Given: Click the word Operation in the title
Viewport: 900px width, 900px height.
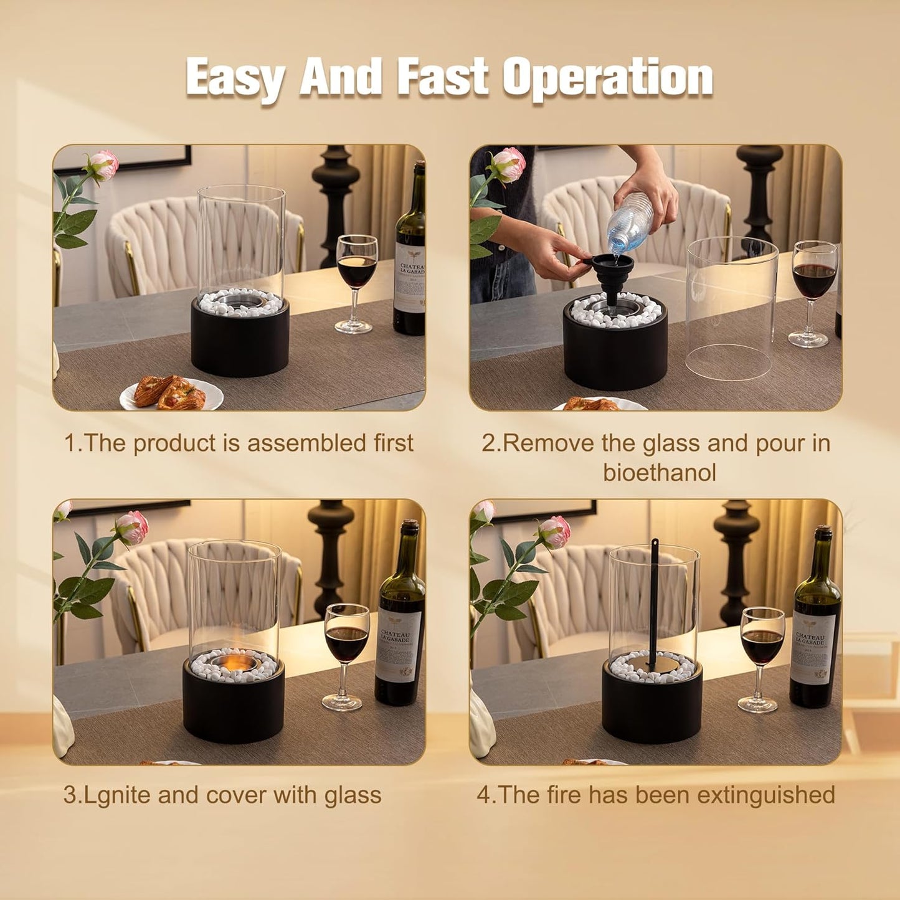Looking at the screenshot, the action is (x=608, y=78).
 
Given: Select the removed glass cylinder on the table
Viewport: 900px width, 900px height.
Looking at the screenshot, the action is (x=731, y=308).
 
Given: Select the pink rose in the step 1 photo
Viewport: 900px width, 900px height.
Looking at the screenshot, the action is (x=104, y=165).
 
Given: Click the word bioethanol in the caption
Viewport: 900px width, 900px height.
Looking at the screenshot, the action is (x=660, y=473).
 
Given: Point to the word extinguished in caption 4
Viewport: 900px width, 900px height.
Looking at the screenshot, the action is (x=766, y=795).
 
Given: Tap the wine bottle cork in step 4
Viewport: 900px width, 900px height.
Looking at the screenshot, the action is (x=823, y=532).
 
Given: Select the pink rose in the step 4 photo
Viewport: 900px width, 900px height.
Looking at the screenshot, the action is (x=555, y=533).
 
